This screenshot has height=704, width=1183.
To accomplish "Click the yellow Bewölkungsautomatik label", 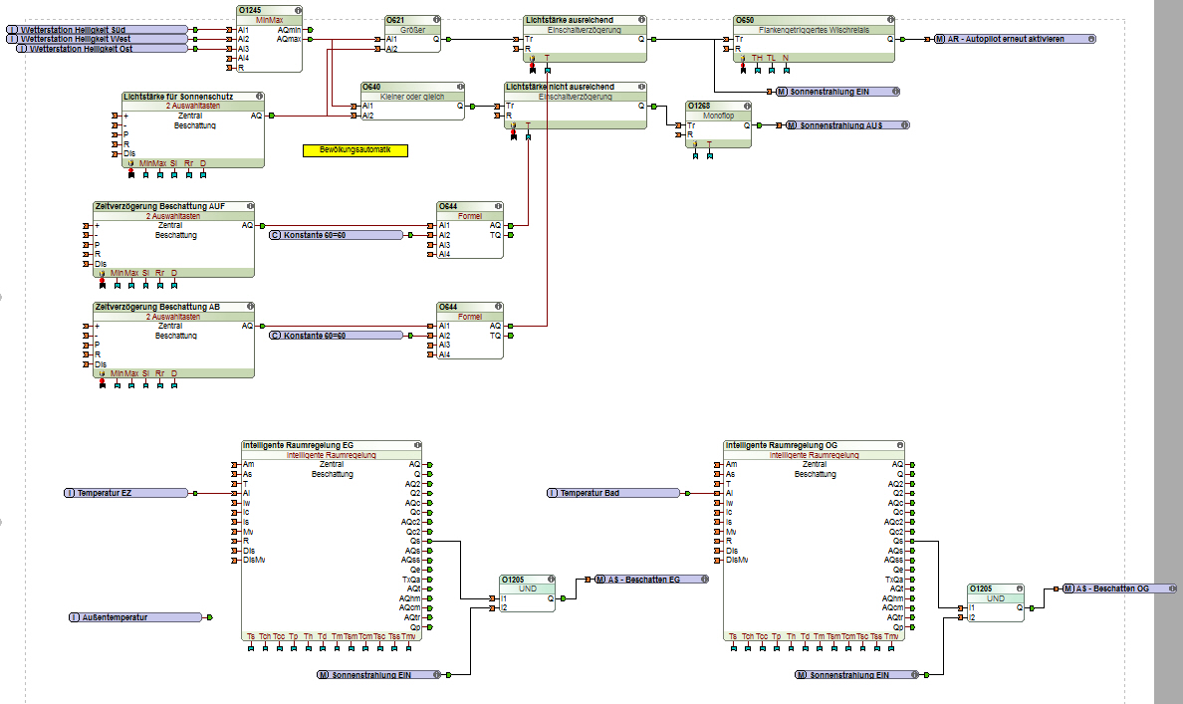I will [355, 150].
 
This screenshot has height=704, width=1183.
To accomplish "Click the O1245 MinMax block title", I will [251, 10].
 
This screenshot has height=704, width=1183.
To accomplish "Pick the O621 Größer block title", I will [396, 20].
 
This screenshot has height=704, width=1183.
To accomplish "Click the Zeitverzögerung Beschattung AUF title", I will [159, 206].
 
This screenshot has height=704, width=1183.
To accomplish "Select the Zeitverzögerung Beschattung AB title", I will [157, 307].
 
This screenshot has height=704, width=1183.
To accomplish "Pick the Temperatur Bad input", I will [611, 493].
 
